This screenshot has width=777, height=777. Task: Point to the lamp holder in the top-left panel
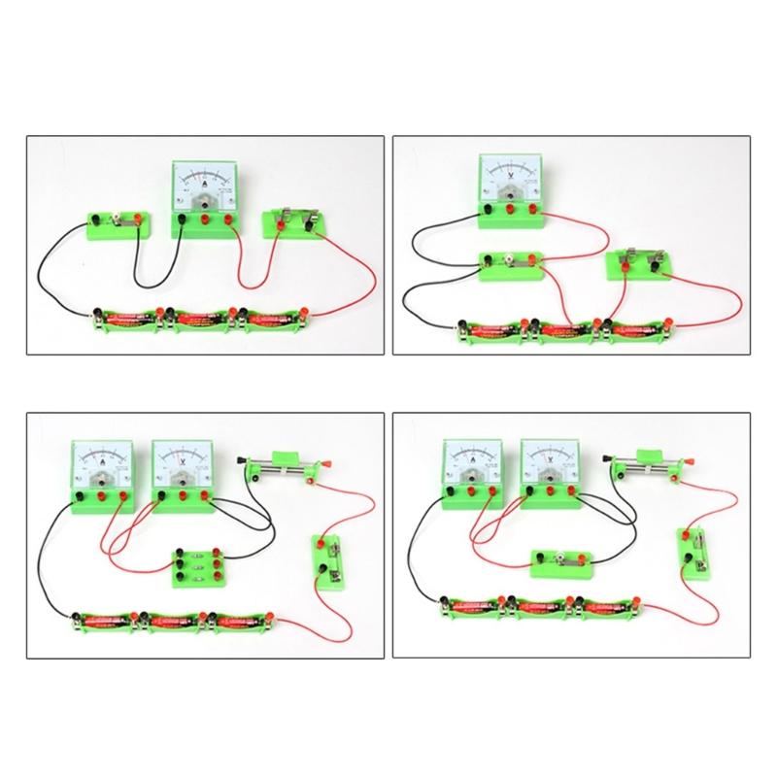coord(120,222)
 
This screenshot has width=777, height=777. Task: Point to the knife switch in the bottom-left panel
coord(328,560)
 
